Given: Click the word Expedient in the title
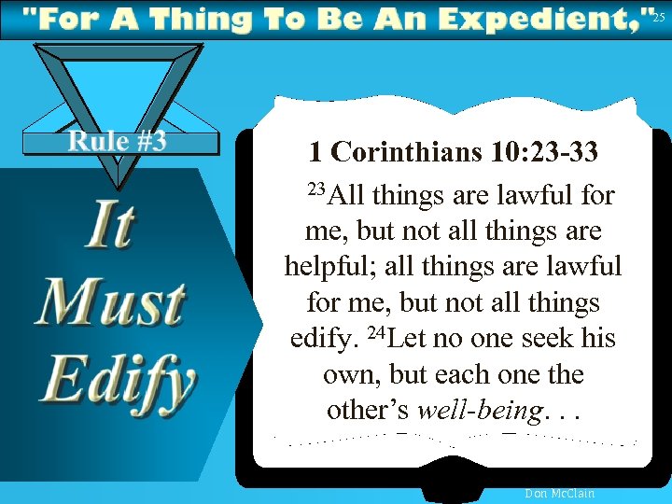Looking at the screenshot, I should (539, 19).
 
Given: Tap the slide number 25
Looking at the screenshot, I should (660, 17).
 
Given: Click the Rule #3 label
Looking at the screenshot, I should (118, 141).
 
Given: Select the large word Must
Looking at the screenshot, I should (109, 303).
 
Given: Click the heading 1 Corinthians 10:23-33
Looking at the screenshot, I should (453, 151).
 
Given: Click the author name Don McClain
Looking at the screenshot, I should (560, 493).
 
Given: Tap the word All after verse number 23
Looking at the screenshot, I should (346, 196).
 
